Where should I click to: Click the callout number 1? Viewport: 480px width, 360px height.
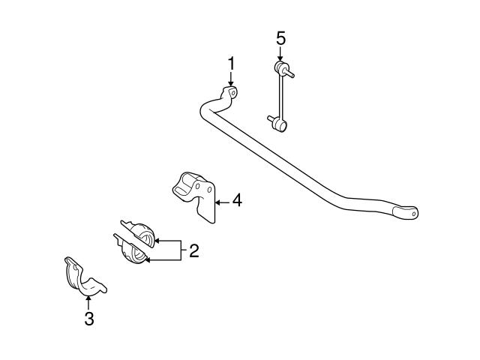click(232, 63)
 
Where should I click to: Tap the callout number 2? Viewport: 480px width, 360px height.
click(193, 250)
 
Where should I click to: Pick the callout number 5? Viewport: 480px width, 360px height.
click(280, 37)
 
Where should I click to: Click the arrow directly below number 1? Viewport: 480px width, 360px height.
click(232, 81)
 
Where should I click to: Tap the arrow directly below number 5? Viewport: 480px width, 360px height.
click(280, 54)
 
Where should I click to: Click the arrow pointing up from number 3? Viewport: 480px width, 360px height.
click(88, 302)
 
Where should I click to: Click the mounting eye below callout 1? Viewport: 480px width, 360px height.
click(231, 93)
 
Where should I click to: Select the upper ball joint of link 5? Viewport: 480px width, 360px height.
click(282, 70)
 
